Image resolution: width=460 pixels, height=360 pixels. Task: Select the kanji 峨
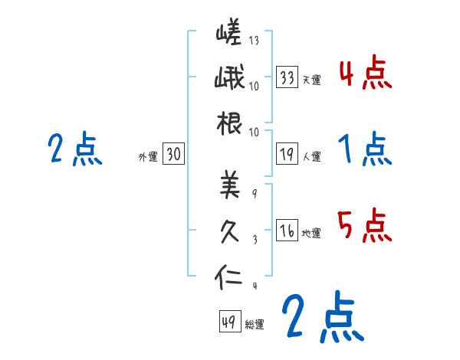click(x=229, y=79)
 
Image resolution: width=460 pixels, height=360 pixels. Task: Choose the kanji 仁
click(x=229, y=274)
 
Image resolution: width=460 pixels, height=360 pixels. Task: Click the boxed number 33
click(x=287, y=77)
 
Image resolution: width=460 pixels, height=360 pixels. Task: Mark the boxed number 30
click(x=173, y=155)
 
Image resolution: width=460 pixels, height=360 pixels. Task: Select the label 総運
click(x=255, y=324)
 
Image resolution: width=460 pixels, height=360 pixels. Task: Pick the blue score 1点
click(x=365, y=149)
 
